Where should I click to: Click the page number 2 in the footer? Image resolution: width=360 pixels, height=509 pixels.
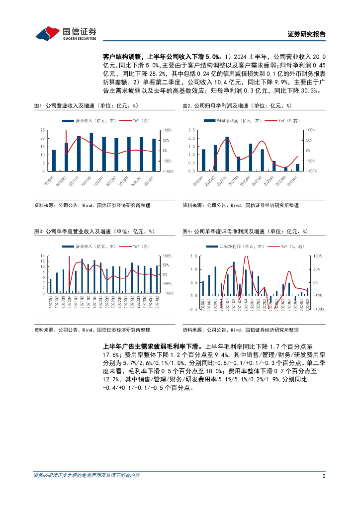[324, 476]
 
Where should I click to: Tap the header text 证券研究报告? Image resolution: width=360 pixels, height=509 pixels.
[307, 34]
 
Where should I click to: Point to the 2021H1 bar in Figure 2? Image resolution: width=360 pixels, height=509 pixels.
[227, 154]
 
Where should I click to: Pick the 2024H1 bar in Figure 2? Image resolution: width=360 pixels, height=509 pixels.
[297, 168]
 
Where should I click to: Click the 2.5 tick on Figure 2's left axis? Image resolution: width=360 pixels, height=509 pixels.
[191, 130]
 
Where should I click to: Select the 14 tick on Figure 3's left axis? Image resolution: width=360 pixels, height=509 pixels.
[43, 255]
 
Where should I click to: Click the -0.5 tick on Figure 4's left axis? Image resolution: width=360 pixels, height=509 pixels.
[192, 309]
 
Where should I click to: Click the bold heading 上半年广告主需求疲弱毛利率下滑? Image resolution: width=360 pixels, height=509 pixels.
[151, 345]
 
